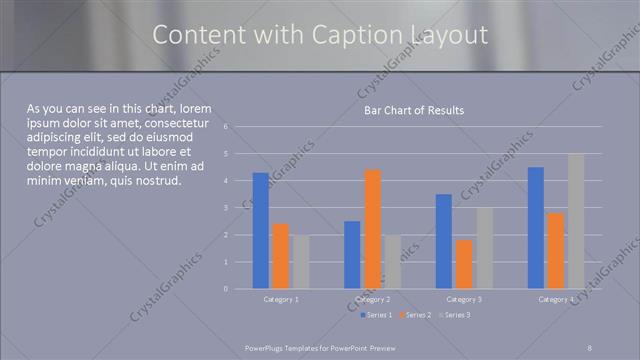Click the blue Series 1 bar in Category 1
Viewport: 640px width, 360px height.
(261, 231)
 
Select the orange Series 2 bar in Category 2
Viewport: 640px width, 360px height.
(372, 229)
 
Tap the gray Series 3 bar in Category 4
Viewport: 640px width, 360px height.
(576, 221)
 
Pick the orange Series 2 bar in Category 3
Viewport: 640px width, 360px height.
(464, 264)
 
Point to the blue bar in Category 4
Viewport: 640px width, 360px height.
(536, 228)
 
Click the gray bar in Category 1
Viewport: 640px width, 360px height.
(301, 262)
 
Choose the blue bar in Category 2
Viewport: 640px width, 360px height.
(352, 255)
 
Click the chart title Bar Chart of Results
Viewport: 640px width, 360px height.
(413, 110)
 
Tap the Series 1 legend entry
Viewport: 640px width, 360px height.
(377, 316)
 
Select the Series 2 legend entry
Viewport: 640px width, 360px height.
(415, 316)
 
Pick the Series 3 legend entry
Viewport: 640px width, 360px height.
(454, 316)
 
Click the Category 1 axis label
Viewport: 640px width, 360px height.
(281, 300)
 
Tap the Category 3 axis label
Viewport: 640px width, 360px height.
(464, 300)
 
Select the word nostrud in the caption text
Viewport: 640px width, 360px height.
(154, 181)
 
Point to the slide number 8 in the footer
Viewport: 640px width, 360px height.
(590, 346)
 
